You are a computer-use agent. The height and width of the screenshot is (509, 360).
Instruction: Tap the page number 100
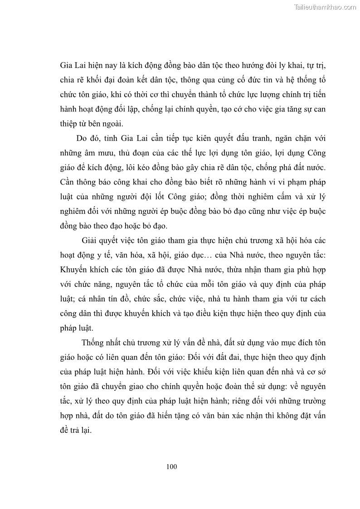(171, 466)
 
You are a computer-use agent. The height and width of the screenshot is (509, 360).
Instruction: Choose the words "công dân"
(74, 314)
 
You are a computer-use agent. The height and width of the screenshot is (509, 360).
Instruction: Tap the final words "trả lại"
(82, 431)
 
